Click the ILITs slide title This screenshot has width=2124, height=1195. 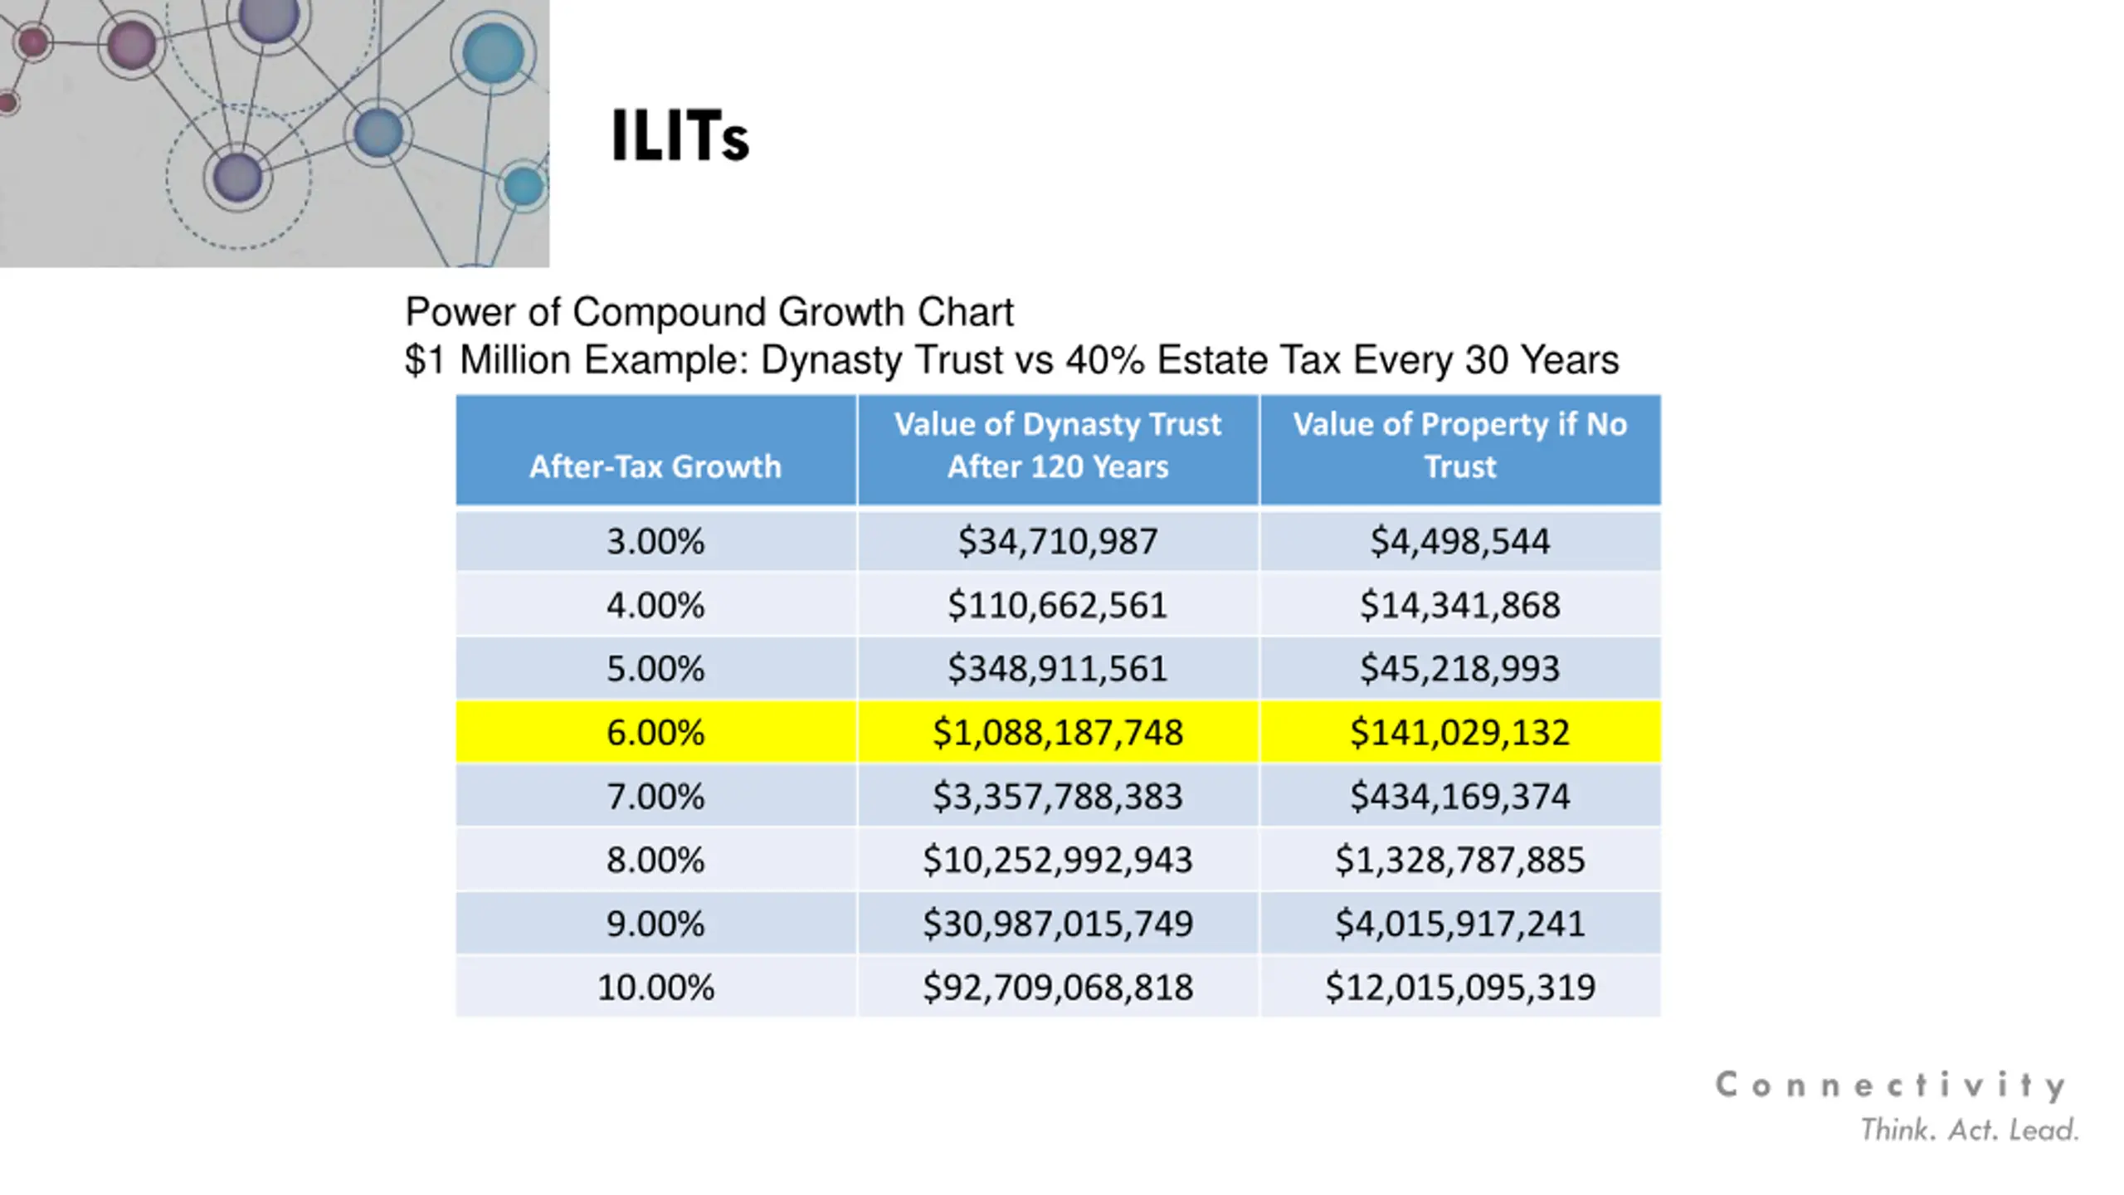click(x=680, y=136)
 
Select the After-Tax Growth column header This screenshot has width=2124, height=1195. click(x=655, y=466)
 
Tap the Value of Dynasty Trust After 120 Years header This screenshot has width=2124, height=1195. click(x=1058, y=446)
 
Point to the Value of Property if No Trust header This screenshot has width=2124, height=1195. click(x=1460, y=446)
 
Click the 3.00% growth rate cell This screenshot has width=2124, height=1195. click(x=655, y=542)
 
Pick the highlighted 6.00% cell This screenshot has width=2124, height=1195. click(x=655, y=733)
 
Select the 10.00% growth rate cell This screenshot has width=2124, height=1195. click(x=655, y=988)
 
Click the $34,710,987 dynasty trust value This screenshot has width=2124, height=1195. click(x=1058, y=542)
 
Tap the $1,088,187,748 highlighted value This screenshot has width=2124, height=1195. click(x=1058, y=733)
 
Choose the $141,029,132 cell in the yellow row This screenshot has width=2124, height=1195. click(x=1460, y=733)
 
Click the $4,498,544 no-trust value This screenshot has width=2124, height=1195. click(x=1460, y=542)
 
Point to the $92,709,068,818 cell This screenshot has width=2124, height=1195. click(x=1058, y=988)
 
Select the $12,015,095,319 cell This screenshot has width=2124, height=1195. click(x=1460, y=988)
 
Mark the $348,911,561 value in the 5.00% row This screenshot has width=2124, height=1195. click(x=1058, y=669)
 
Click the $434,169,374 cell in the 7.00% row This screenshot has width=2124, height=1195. click(x=1460, y=797)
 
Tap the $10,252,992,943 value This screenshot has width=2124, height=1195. click(x=1058, y=861)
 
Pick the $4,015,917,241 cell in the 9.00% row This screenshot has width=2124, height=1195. click(x=1460, y=924)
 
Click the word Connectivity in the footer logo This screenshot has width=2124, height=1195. click(x=1890, y=1085)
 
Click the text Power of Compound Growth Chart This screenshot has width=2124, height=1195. click(x=709, y=313)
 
